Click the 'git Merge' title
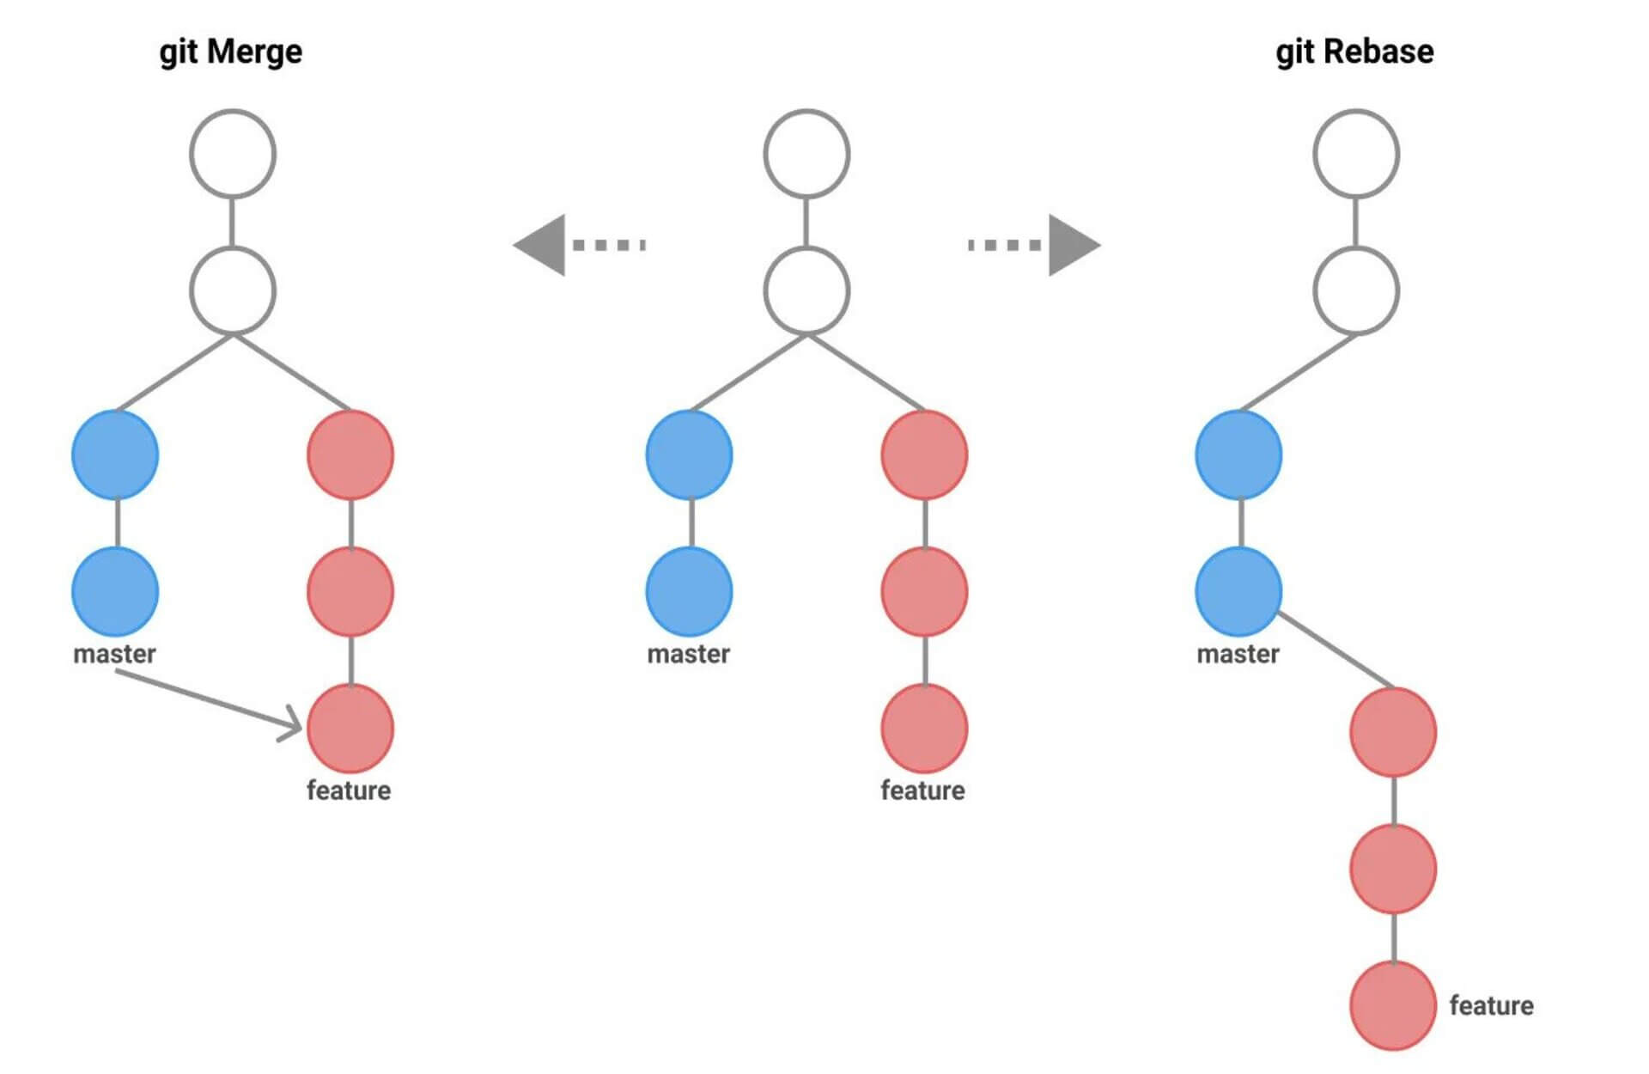231,52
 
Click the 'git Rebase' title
1354,52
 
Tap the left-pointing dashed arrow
578,245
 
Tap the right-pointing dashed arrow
1035,245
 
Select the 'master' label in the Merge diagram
114,654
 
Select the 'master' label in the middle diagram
688,654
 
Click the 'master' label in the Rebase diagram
1238,654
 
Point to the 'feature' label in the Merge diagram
349,790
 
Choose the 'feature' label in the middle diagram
922,790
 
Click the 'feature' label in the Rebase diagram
1491,1005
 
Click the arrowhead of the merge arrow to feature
293,724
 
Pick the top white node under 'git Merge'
233,154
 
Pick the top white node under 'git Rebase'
1356,154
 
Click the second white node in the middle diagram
806,291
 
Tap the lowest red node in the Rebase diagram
1392,1005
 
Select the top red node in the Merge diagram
350,455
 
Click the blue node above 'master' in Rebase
1238,592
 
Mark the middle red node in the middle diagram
924,592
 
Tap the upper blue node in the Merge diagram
115,455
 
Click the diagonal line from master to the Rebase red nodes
1336,650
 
